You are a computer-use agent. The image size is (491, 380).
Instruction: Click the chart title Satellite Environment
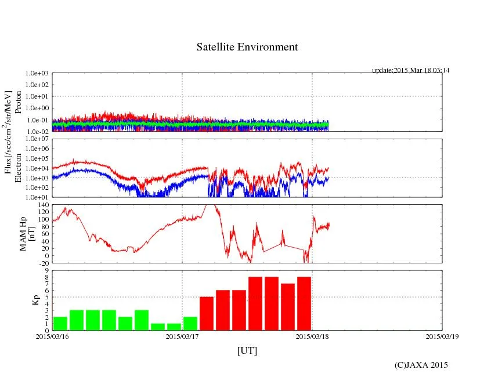pyautogui.click(x=247, y=47)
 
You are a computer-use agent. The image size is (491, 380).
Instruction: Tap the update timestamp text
pyautogui.click(x=410, y=70)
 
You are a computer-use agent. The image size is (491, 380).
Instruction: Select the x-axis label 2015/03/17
pyautogui.click(x=182, y=335)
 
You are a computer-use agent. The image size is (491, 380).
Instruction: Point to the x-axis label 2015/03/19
pyautogui.click(x=442, y=335)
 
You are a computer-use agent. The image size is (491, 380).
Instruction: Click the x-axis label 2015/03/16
pyautogui.click(x=52, y=335)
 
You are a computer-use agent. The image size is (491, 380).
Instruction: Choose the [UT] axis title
pyautogui.click(x=247, y=350)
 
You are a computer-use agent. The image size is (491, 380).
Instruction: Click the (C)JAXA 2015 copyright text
pyautogui.click(x=421, y=365)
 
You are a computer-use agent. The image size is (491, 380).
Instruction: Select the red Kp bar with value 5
pyautogui.click(x=207, y=313)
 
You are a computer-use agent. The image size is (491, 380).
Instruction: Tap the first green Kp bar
pyautogui.click(x=60, y=323)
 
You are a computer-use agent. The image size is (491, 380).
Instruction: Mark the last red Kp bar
pyautogui.click(x=304, y=303)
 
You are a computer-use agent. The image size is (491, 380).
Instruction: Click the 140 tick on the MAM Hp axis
pyautogui.click(x=42, y=205)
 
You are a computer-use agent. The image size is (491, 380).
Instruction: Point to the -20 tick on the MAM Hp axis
pyautogui.click(x=42, y=263)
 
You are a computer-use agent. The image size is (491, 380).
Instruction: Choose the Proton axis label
pyautogui.click(x=18, y=102)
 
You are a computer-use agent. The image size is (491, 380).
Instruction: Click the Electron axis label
pyautogui.click(x=18, y=168)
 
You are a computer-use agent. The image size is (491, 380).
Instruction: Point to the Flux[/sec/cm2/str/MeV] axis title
pyautogui.click(x=8, y=132)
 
